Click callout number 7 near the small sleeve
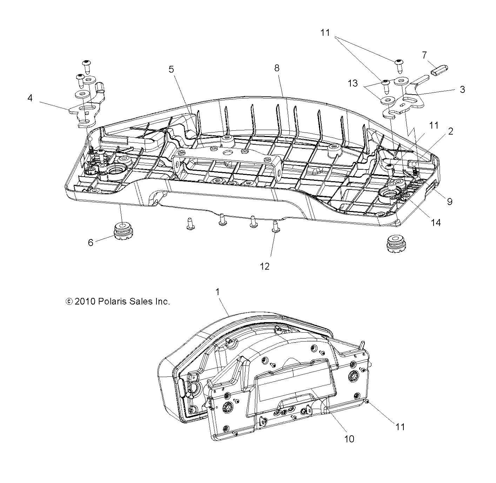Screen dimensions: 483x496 [424, 55]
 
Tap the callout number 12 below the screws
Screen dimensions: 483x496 [265, 266]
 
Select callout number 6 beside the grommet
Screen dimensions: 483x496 [91, 243]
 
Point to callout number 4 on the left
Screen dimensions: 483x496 [30, 98]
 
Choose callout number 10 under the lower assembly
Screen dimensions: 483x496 [350, 438]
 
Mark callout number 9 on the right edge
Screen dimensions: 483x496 [449, 202]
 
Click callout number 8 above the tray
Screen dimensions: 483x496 [277, 68]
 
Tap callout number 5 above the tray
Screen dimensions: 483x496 [171, 69]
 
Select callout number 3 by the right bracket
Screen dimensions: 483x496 [462, 89]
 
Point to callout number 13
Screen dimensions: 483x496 [353, 83]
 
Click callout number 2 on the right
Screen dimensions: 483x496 [451, 131]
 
